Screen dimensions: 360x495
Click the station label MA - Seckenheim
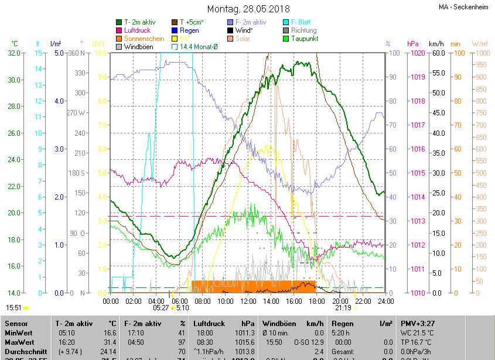(x=463, y=8)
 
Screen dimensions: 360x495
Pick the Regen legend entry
(x=189, y=30)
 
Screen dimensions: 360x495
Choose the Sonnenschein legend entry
(x=144, y=39)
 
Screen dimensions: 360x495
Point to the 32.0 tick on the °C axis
(x=13, y=53)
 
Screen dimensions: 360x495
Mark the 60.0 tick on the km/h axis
(x=437, y=53)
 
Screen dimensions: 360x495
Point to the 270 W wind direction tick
(x=76, y=113)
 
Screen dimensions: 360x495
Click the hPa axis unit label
(x=412, y=44)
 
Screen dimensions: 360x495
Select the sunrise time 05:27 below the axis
(x=161, y=307)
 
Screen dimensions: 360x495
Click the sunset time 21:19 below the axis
(x=343, y=307)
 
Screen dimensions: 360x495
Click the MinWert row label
(x=19, y=332)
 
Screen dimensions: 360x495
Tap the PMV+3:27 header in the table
(x=417, y=323)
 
